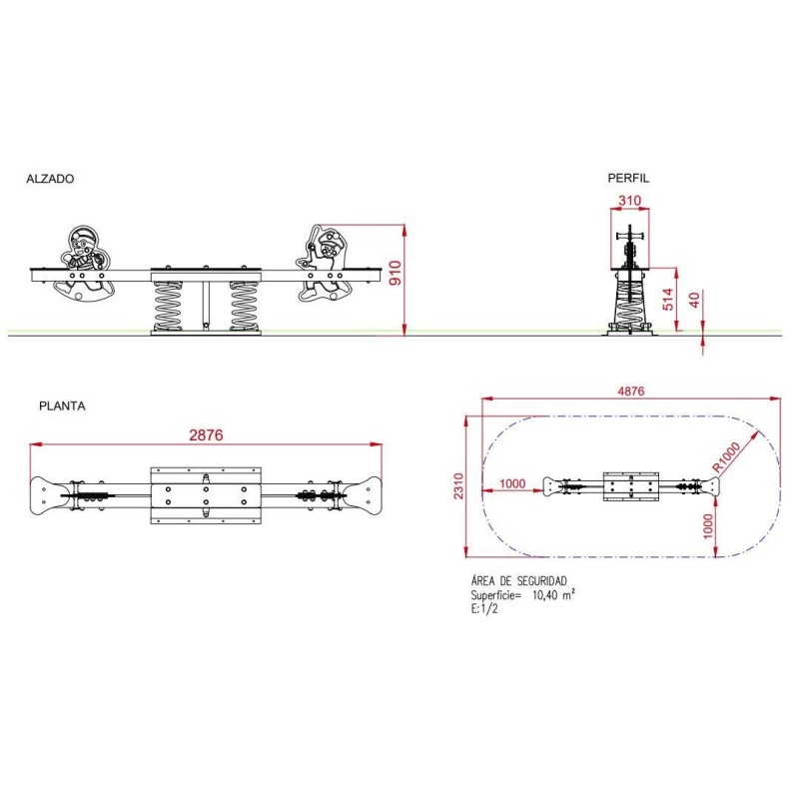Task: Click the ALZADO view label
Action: click(50, 179)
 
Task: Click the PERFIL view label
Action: click(628, 178)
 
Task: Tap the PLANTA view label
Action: click(62, 406)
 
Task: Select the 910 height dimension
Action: click(396, 273)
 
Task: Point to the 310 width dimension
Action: click(630, 201)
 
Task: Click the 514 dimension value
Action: click(667, 299)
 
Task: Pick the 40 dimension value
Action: click(693, 300)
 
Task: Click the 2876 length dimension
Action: click(206, 434)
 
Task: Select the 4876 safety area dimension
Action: click(631, 391)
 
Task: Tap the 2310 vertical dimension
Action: click(458, 486)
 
